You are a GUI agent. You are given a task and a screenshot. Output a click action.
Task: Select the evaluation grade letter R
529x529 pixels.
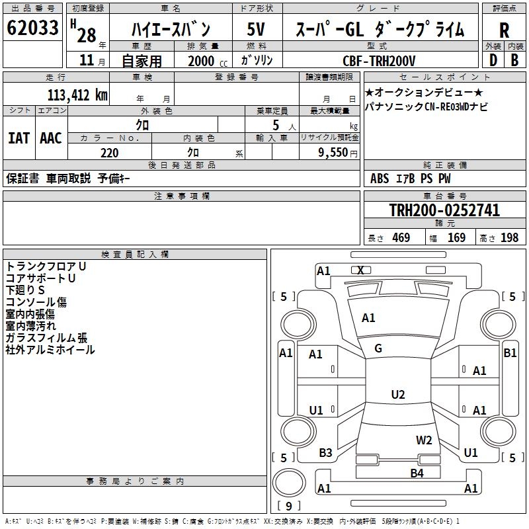tap(504, 30)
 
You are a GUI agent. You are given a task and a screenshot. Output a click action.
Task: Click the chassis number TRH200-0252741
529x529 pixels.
tap(444, 210)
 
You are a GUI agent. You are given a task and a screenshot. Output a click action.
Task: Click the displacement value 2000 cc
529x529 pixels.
tap(206, 61)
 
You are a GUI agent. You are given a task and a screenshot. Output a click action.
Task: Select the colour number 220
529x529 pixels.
tap(109, 153)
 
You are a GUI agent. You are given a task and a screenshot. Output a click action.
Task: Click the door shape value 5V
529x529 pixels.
tap(257, 30)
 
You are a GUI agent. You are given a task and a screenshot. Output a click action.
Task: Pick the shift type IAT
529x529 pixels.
tap(19, 138)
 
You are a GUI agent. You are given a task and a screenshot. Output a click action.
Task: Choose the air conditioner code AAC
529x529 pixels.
tap(50, 138)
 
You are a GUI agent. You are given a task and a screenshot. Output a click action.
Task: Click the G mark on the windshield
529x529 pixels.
tap(378, 348)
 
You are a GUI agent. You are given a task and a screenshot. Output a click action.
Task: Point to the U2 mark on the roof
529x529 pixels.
tap(397, 395)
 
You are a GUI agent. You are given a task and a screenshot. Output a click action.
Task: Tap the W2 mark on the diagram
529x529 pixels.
tap(424, 440)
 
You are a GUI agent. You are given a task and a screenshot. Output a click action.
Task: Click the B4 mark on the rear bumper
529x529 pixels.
tap(417, 473)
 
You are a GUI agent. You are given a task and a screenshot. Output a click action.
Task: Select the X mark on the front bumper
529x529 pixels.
tap(360, 270)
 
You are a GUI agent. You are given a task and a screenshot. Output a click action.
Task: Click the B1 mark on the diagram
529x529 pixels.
tap(510, 353)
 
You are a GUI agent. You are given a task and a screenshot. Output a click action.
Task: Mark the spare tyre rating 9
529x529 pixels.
tap(288, 507)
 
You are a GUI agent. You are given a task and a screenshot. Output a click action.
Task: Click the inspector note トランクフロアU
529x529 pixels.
tap(46, 266)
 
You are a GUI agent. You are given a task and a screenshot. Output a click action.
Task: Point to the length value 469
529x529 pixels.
tap(401, 238)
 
